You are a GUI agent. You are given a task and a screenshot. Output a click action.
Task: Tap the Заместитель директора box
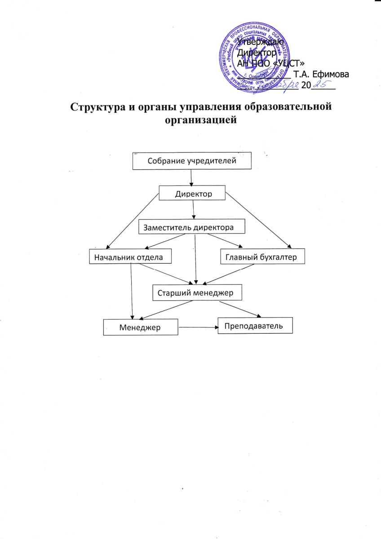192,227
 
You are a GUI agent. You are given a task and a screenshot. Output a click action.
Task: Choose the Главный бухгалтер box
263,257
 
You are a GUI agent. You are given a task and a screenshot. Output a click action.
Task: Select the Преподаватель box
255,326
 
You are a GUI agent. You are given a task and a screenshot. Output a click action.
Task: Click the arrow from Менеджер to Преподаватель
198,327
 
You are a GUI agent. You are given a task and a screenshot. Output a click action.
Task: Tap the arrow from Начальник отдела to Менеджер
131,290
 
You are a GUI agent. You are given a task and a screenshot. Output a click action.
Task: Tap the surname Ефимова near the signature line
333,74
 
